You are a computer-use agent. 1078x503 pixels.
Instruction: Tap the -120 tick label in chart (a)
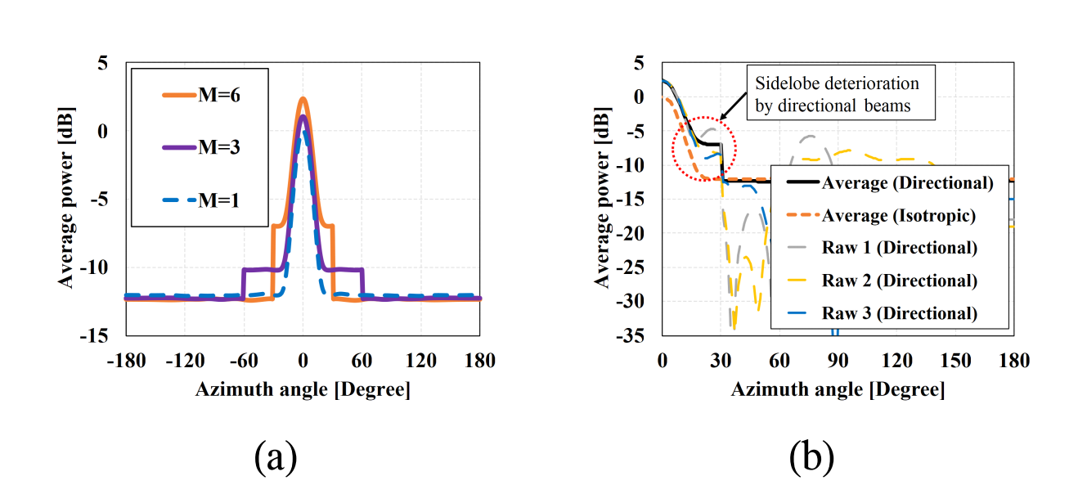pyautogui.click(x=184, y=361)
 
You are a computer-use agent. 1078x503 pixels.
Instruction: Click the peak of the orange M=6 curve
pyautogui.click(x=303, y=99)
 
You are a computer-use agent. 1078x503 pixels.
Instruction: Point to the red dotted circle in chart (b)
pyautogui.click(x=704, y=148)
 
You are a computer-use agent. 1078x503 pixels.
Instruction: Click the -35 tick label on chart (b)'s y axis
pyautogui.click(x=636, y=335)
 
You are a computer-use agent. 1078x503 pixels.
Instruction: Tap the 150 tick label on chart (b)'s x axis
pyautogui.click(x=955, y=361)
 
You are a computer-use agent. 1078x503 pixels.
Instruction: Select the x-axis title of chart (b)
pyautogui.click(x=838, y=389)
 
